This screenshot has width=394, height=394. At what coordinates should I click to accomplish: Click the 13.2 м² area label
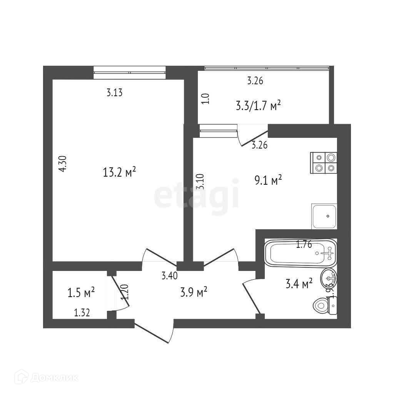coord(120,172)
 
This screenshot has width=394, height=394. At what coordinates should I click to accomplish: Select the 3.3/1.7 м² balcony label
coord(257,105)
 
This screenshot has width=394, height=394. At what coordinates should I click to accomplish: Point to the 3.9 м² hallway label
coord(194,292)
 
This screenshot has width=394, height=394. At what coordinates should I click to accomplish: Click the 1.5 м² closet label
coord(81,293)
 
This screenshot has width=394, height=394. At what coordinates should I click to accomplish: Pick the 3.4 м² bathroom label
coord(299,284)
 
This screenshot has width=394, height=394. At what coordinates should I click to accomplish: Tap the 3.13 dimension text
coord(114,92)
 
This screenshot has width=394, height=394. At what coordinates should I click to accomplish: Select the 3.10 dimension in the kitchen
coord(199,182)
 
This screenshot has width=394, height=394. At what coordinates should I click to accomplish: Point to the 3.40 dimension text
coord(169,275)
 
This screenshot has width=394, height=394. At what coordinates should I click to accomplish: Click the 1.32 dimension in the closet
coord(82,313)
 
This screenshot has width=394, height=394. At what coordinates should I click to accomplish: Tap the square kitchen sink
coord(324,216)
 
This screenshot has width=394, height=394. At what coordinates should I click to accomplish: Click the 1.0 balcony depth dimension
coord(206,99)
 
